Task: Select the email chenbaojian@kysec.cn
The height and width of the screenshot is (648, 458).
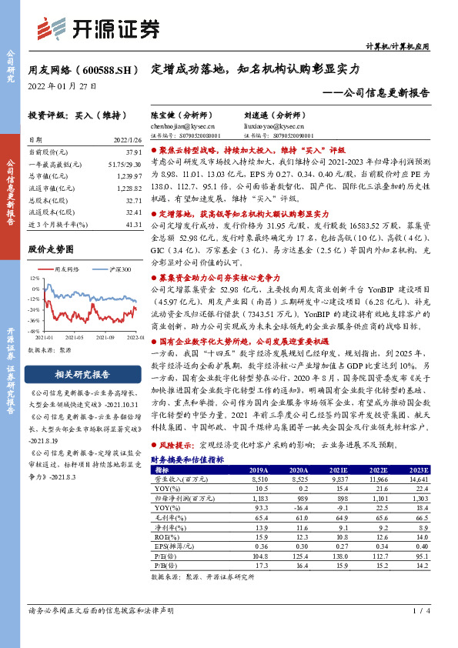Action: (x=183, y=125)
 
